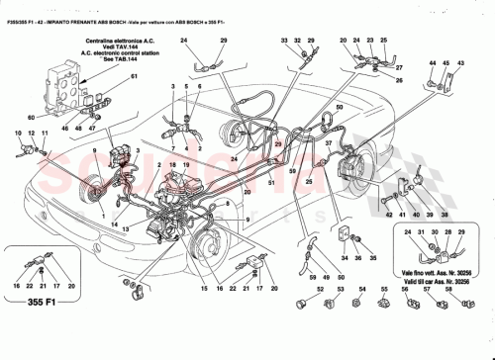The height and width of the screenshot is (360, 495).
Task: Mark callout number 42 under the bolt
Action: coord(389,214)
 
